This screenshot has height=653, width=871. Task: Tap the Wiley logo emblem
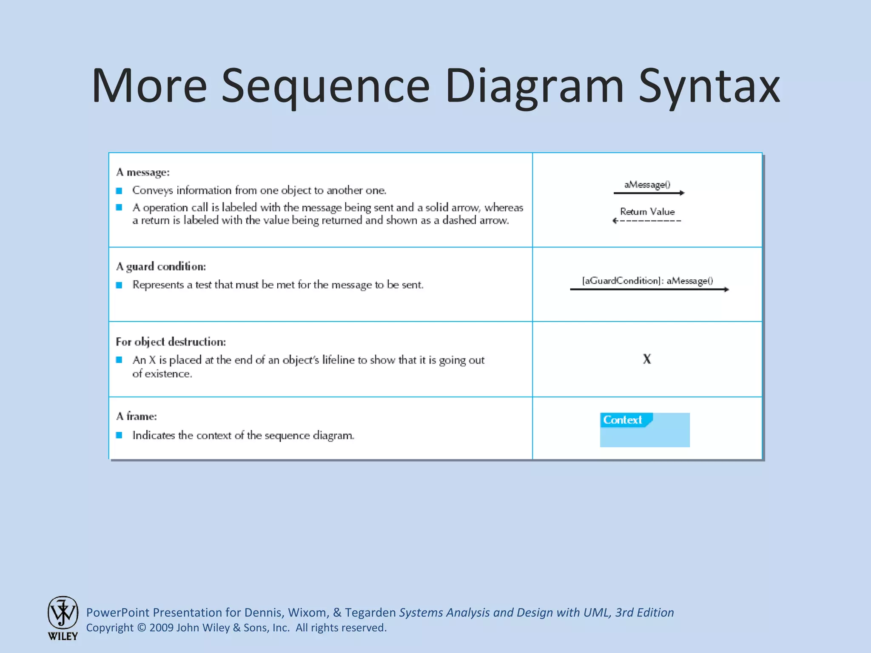63,613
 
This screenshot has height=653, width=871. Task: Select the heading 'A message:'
143,172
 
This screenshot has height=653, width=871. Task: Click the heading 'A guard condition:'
161,267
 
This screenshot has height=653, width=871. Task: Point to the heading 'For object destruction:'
171,342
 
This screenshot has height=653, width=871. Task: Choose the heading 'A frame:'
137,416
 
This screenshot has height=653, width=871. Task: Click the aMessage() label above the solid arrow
647,185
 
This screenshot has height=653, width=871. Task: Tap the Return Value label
647,211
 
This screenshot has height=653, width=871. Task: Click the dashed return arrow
647,221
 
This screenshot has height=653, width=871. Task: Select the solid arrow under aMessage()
649,193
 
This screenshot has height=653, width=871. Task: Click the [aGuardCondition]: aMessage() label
647,281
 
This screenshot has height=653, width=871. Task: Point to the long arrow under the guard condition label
649,290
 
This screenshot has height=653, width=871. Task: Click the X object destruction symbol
647,359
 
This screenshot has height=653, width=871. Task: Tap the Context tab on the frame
623,420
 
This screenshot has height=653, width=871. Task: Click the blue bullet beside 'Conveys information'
119,191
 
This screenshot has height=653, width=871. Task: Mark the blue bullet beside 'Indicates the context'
119,435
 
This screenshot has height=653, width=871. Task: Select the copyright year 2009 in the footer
161,628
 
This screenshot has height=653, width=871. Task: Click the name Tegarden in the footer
370,613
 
